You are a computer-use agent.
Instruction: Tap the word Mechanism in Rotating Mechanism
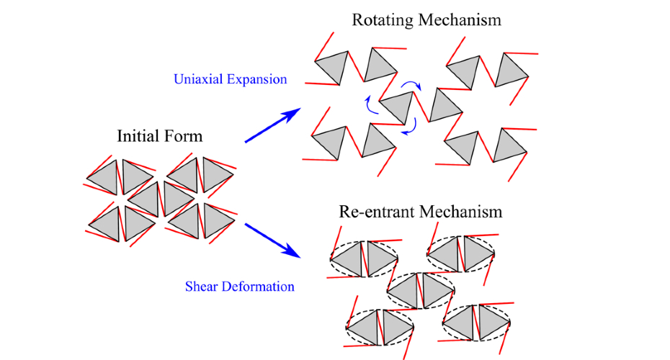coord(459,19)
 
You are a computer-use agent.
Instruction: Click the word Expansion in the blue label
coord(256,78)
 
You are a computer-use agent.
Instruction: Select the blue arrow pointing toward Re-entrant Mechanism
coord(272,240)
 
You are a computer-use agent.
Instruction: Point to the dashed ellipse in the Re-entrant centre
coord(421,289)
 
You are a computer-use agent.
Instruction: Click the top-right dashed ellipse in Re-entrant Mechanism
coord(461,253)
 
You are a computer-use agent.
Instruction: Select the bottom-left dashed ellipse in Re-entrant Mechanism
coord(380,326)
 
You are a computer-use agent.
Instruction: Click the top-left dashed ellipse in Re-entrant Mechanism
coord(364,257)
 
